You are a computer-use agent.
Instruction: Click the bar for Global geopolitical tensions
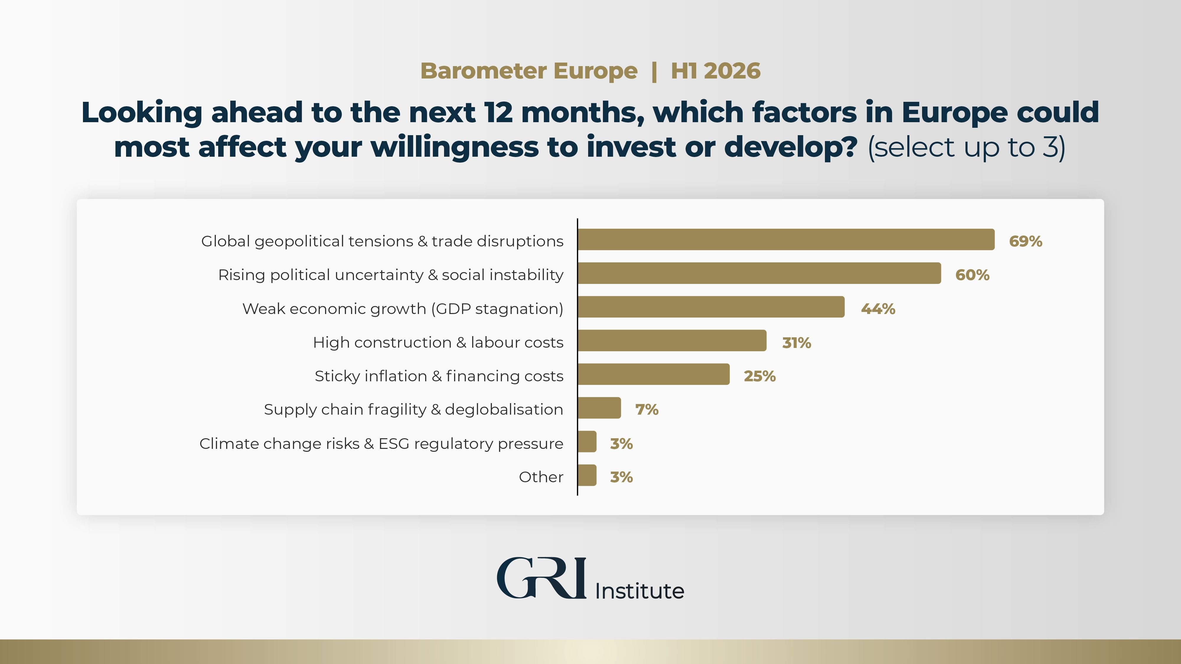(786, 240)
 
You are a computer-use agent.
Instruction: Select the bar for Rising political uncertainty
(759, 274)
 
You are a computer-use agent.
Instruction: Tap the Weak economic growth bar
(711, 307)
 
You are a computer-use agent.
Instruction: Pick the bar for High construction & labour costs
(672, 341)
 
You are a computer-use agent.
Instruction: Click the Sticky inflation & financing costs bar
(653, 374)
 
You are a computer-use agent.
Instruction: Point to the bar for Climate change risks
(587, 442)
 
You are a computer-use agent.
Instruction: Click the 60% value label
(972, 275)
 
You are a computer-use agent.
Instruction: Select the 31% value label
(796, 343)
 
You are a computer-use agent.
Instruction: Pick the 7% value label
(646, 409)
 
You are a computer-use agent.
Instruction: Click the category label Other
(541, 477)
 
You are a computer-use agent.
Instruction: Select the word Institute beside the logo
(639, 591)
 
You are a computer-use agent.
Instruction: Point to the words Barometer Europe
(528, 71)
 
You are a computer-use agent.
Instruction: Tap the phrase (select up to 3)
(966, 148)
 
